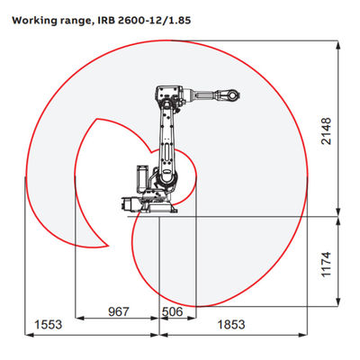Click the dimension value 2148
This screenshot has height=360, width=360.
(x=326, y=131)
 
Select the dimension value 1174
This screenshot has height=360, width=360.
(x=326, y=264)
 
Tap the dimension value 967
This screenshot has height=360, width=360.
(x=119, y=311)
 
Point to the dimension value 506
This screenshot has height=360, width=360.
(x=173, y=311)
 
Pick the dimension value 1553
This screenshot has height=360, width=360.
(x=49, y=324)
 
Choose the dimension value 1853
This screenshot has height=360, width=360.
(x=231, y=324)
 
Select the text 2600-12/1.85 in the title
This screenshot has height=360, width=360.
(x=156, y=21)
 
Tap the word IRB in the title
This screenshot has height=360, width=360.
(x=108, y=21)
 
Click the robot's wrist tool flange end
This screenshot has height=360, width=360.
(x=233, y=94)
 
